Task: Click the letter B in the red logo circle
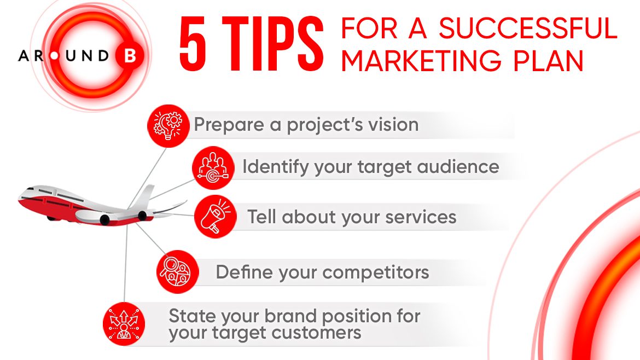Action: [x=130, y=55]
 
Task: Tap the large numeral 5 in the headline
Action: [x=193, y=45]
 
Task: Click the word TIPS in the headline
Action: [x=272, y=45]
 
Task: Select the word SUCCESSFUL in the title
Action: [x=528, y=28]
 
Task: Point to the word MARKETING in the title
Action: [x=421, y=61]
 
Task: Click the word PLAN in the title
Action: [x=548, y=61]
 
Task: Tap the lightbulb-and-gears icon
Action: [x=168, y=126]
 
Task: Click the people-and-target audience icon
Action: [x=213, y=168]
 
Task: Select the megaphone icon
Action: [x=216, y=216]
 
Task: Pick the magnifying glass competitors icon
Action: [x=178, y=272]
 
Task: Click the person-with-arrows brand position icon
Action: [x=124, y=324]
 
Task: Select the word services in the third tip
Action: [x=421, y=217]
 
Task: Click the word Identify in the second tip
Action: [x=276, y=167]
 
